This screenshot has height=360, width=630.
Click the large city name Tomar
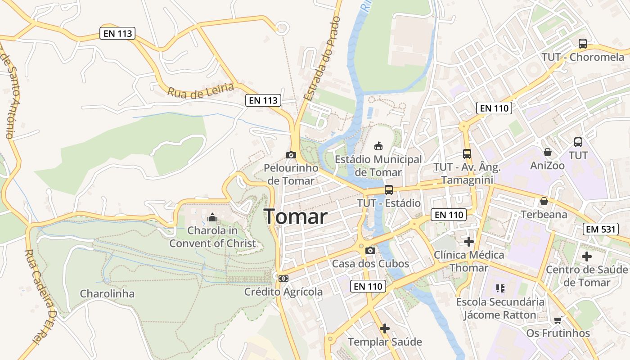[x=295, y=217]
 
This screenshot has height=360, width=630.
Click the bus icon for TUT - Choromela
[x=583, y=44]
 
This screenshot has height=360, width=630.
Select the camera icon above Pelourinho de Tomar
[x=291, y=155]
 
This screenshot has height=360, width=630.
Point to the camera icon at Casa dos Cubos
[x=370, y=250]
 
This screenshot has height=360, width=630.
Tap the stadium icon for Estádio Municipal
[x=378, y=146]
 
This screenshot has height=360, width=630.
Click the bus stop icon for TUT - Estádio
[x=388, y=190]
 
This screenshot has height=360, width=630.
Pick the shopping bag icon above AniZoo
[x=547, y=152]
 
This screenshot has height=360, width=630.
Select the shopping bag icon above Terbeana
[x=544, y=201]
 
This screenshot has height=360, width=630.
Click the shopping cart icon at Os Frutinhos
[x=558, y=320]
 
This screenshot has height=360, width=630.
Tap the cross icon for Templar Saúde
[x=385, y=328]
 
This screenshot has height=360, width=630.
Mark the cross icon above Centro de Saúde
[x=587, y=256]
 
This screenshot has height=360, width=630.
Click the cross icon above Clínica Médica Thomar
[x=469, y=242]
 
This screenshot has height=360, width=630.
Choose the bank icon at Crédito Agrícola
[x=283, y=279]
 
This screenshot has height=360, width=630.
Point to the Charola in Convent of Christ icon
[x=212, y=218]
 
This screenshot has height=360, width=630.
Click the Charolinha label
[x=107, y=294]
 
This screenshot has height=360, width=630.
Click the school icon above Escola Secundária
[x=500, y=288]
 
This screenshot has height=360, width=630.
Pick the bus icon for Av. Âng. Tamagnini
[x=467, y=154]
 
